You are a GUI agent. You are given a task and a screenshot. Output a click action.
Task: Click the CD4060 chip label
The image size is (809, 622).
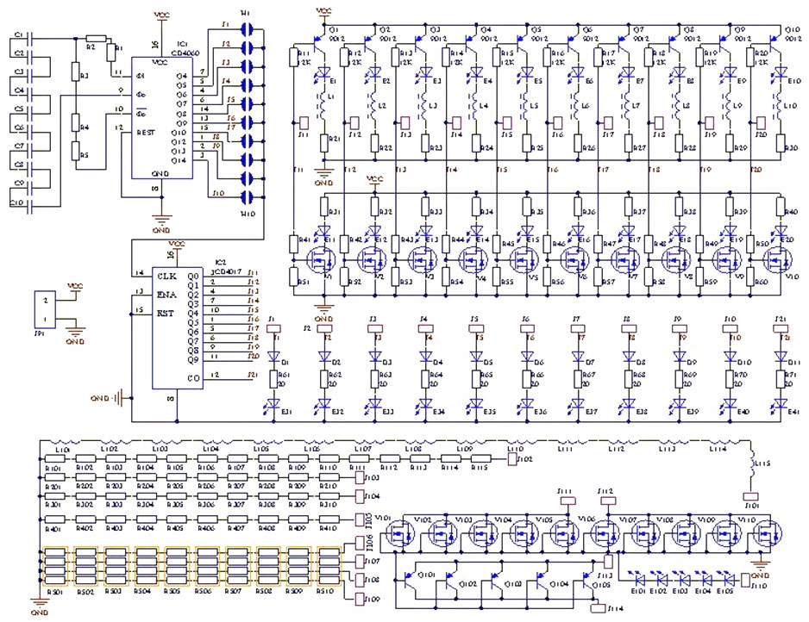(182, 51)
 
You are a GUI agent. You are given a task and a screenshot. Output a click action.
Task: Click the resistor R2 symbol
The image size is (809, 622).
(95, 39)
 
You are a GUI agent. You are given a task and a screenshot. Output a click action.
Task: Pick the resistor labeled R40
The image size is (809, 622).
(781, 207)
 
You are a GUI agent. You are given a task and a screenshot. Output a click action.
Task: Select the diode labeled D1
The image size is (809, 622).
(274, 356)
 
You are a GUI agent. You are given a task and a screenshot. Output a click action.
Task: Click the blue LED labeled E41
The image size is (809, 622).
(782, 404)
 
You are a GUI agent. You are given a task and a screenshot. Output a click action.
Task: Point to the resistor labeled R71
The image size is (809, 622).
(782, 379)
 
